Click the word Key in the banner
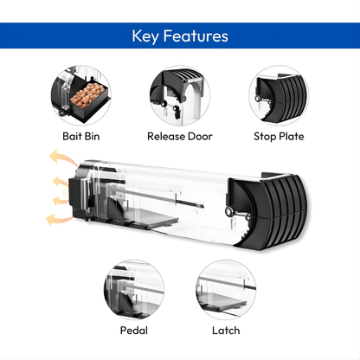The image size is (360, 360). (145, 36)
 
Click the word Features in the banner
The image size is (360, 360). (196, 36)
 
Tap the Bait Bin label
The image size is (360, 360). (81, 136)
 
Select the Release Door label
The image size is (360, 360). (180, 136)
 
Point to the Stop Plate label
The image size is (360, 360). (279, 136)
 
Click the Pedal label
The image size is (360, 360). (134, 331)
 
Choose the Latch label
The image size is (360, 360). (226, 331)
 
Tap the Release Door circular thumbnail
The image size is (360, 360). (180, 95)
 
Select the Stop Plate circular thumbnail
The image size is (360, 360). (279, 95)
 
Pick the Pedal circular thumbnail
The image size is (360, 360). (134, 289)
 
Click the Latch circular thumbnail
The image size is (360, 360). (226, 289)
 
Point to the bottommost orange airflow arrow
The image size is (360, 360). (57, 220)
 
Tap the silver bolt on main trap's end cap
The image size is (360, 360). (230, 212)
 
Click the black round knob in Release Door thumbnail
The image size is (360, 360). (176, 108)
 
